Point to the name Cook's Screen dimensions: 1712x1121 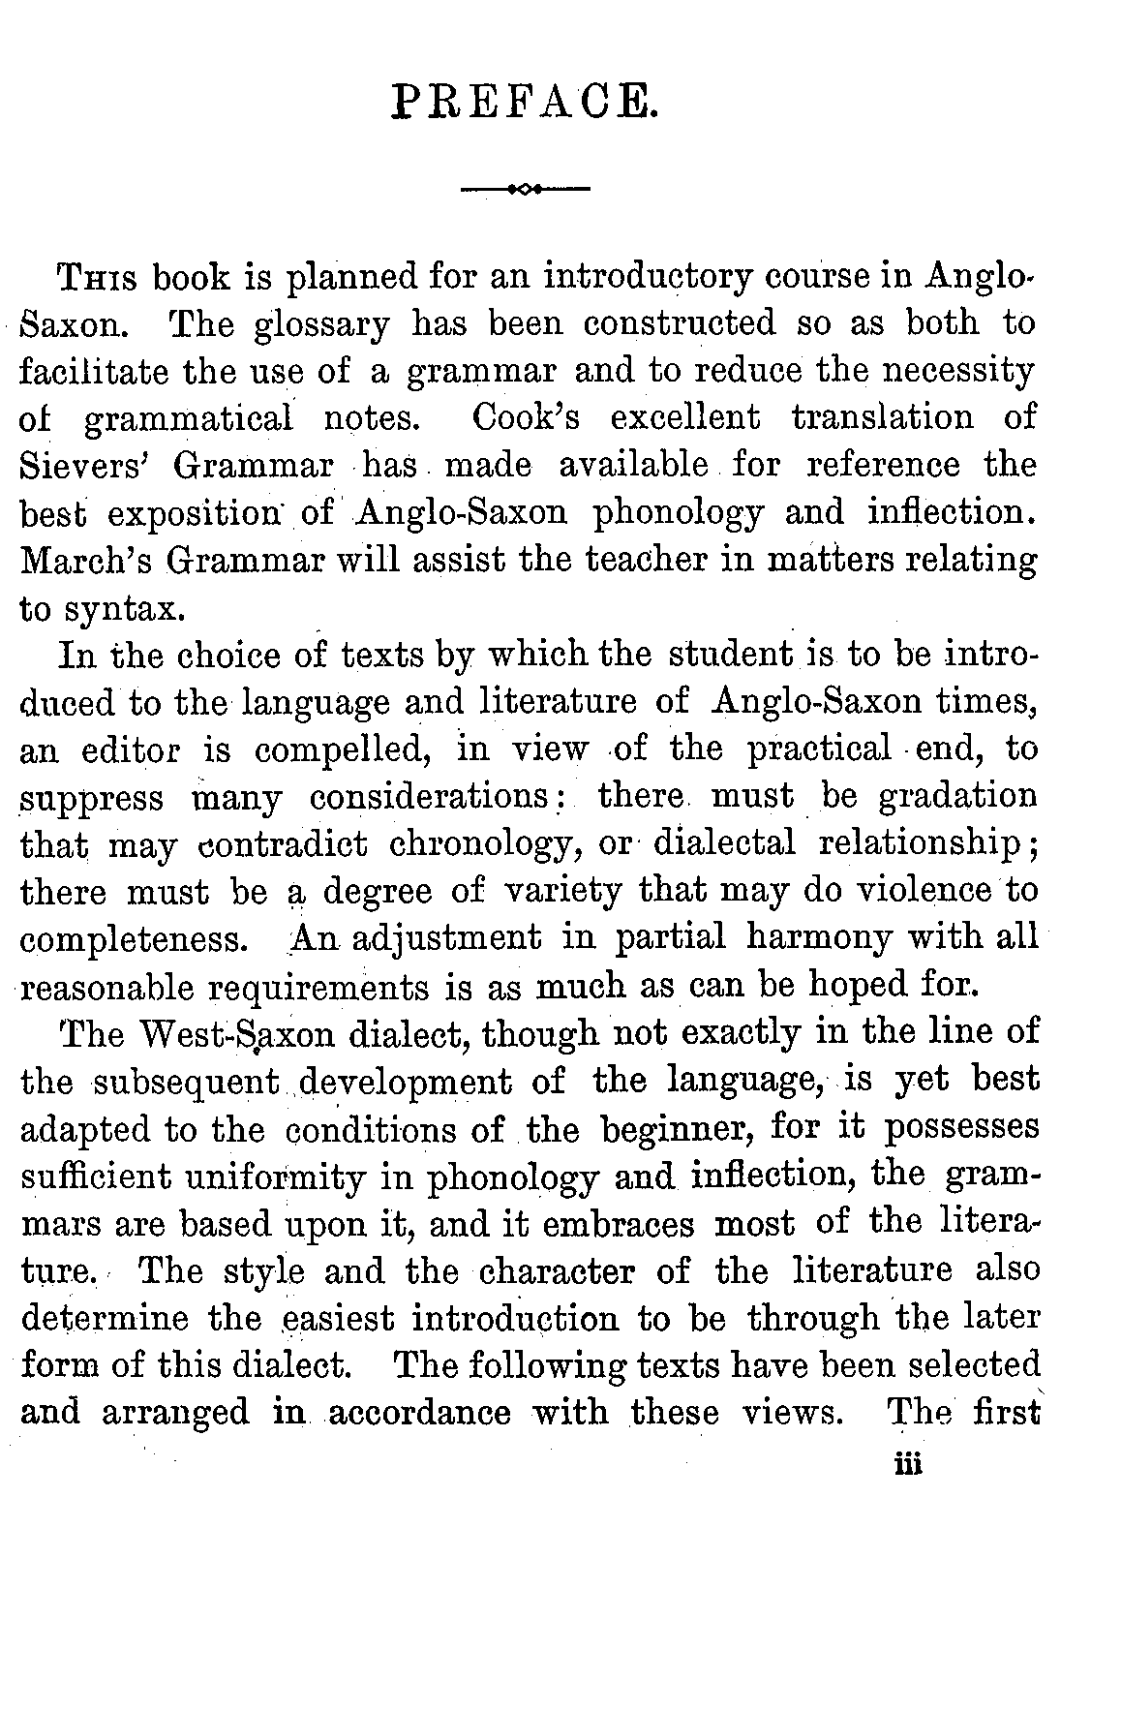click(525, 417)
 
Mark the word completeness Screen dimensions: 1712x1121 click(132, 940)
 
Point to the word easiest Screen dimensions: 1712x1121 click(338, 1319)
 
